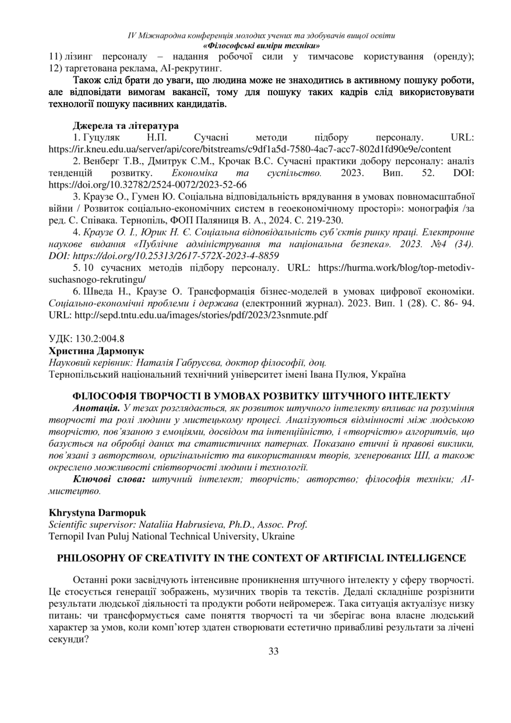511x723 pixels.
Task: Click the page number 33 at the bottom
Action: [273, 651]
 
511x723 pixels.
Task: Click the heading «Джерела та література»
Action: [125, 125]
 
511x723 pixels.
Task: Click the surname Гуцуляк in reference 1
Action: [101, 137]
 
